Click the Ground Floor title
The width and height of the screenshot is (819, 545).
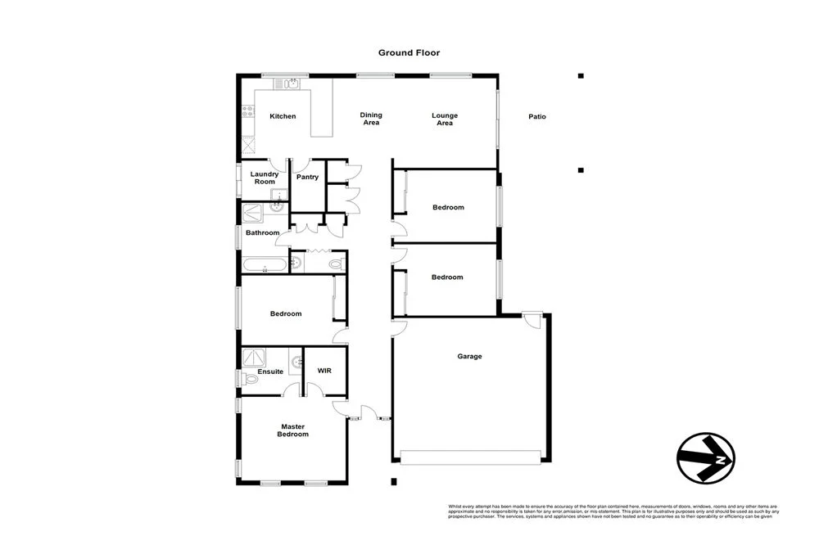tap(409, 52)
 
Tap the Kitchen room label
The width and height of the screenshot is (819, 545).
tap(283, 116)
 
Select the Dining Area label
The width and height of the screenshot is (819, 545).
tap(371, 119)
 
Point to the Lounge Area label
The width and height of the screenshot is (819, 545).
tap(445, 119)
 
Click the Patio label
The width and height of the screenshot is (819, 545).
tap(536, 117)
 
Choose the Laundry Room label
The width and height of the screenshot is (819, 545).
tap(264, 178)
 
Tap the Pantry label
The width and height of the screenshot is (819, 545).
tap(307, 177)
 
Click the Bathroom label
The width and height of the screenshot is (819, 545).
tap(264, 233)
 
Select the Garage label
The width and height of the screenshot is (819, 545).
tap(469, 356)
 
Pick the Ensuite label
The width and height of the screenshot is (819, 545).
tap(270, 372)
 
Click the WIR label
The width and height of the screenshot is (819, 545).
tap(324, 371)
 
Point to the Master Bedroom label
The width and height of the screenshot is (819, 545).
tap(294, 430)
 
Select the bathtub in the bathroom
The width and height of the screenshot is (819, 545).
tap(264, 263)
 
